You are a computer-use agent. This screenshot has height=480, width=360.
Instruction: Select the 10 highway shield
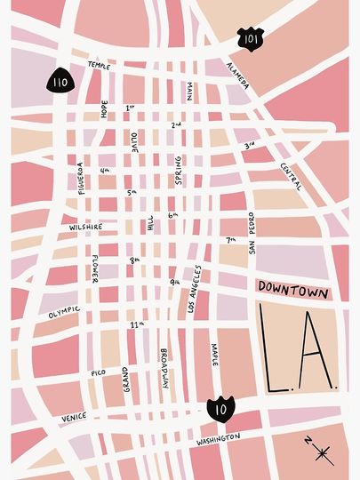220,410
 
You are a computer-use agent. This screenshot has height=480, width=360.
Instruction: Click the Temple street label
100,65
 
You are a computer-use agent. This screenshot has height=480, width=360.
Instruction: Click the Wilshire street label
86,227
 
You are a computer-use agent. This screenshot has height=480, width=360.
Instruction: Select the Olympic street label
64,313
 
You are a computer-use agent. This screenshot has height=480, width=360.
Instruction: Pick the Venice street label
75,417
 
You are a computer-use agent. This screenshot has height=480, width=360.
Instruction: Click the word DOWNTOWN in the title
292,291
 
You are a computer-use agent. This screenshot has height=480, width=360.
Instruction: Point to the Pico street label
98,374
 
